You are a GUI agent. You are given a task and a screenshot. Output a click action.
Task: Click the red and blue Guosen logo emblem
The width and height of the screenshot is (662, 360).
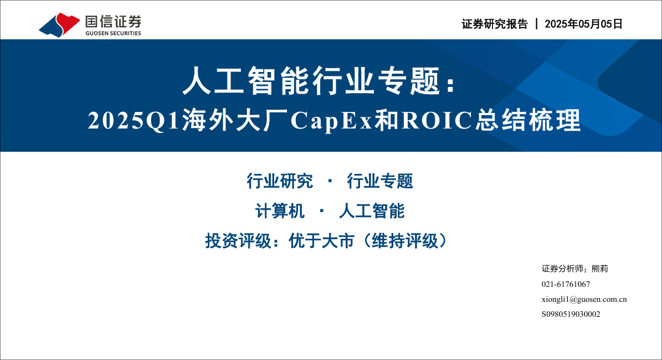[59, 25]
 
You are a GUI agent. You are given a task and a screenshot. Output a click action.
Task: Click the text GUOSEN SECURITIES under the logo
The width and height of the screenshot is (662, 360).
[113, 33]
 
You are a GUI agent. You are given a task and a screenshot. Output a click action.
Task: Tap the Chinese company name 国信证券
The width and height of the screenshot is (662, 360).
[113, 22]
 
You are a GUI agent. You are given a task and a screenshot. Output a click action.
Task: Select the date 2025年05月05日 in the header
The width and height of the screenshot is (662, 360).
[583, 24]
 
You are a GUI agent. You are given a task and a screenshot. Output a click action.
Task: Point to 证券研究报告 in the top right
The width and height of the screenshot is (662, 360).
[494, 24]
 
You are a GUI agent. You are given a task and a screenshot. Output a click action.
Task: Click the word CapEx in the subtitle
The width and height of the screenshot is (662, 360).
[331, 121]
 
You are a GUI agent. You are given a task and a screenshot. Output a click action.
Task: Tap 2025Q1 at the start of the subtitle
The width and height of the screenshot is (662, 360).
[135, 121]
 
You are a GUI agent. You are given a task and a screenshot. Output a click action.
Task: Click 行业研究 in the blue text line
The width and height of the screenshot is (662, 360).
[280, 181]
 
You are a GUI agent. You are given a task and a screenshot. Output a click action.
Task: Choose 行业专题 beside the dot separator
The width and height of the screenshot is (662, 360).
[380, 181]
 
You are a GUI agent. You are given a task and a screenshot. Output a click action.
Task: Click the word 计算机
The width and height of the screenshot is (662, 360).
[280, 211]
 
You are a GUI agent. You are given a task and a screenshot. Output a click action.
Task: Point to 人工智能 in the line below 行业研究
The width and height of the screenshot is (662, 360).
[372, 211]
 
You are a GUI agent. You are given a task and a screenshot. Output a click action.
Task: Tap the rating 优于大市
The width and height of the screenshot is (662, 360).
[321, 241]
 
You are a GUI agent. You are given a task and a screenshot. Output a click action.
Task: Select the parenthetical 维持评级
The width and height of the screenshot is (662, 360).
[405, 241]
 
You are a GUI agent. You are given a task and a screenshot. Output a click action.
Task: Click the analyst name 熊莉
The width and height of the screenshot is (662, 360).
[599, 269]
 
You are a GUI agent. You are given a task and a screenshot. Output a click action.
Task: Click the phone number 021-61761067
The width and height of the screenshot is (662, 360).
[566, 284]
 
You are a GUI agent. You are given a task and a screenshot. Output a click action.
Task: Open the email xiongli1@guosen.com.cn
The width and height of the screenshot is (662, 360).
[584, 299]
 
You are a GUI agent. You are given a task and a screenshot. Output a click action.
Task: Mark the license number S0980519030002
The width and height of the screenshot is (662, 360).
[571, 314]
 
